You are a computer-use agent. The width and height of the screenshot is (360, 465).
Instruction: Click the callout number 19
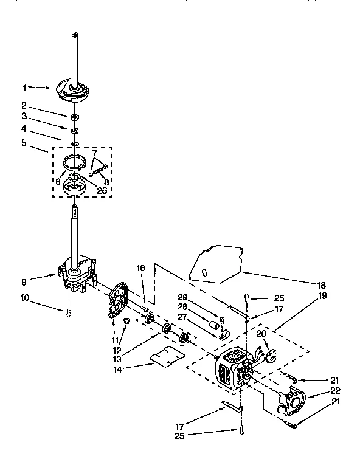pos(322,296)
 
